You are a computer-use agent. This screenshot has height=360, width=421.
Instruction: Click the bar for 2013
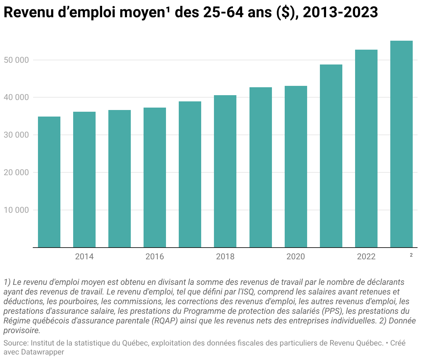click(x=49, y=182)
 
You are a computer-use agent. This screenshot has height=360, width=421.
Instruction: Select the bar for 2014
click(x=84, y=179)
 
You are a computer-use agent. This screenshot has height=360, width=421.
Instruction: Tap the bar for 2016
click(x=155, y=177)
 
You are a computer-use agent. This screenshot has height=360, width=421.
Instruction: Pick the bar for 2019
click(x=261, y=167)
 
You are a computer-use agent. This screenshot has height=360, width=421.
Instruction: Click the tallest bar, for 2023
click(x=401, y=144)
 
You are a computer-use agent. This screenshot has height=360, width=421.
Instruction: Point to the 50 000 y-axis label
click(x=16, y=60)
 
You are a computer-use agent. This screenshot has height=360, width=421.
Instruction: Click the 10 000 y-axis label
click(x=16, y=210)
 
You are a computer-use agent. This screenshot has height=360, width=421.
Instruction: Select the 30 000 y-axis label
click(x=16, y=135)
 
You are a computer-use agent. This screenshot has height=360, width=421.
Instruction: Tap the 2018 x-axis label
click(x=225, y=257)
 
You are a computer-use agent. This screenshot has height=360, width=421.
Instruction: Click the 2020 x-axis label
click(x=295, y=257)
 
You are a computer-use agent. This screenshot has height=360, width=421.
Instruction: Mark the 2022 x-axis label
click(x=366, y=257)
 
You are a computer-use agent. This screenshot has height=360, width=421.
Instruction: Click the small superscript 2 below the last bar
click(x=411, y=255)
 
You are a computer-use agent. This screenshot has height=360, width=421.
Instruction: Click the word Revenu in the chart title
click(x=29, y=12)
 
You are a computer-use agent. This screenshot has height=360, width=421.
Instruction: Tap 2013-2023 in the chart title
click(x=340, y=12)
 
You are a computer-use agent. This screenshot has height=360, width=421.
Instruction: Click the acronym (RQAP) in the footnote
click(x=165, y=321)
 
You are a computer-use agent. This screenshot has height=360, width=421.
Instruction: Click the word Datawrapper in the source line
click(x=42, y=352)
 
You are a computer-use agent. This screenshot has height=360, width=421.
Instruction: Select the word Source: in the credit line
click(x=16, y=343)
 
